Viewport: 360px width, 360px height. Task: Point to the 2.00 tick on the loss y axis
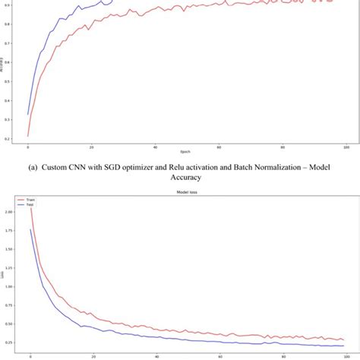click(9, 212)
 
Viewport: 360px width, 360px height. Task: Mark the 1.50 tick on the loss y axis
click(9, 250)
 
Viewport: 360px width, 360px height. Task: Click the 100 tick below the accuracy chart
click(346, 147)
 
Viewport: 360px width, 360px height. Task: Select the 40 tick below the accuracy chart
click(155, 147)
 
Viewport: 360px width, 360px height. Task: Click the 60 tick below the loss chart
click(219, 357)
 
